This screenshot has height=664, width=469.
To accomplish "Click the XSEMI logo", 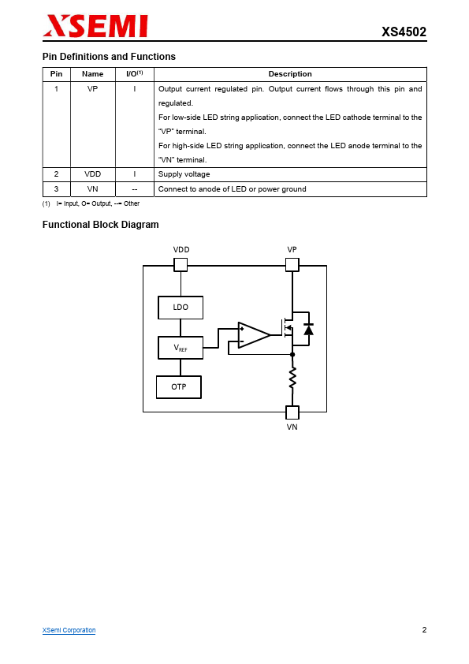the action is (x=95, y=26).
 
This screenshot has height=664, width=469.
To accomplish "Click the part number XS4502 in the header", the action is (x=404, y=32).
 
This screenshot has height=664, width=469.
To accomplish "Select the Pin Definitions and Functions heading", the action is (x=109, y=57).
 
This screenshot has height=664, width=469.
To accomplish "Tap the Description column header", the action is (x=290, y=74).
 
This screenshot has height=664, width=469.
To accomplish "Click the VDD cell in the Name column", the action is (x=93, y=174).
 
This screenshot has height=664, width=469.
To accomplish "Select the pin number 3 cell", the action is (x=56, y=188).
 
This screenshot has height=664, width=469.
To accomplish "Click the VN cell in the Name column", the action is (x=93, y=188).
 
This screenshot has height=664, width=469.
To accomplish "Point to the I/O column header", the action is (x=135, y=73).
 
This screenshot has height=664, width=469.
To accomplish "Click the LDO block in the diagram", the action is (x=181, y=308).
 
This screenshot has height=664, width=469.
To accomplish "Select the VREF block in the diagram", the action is (x=181, y=348).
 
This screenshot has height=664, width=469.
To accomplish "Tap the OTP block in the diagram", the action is (x=179, y=387).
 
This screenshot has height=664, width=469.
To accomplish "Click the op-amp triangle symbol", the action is (x=253, y=335).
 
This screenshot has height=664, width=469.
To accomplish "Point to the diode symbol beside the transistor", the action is (x=308, y=329).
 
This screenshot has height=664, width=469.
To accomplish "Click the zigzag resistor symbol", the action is (x=292, y=379).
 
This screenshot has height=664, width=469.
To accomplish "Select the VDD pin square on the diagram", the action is (x=181, y=265).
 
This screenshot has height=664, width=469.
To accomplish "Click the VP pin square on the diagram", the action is (x=292, y=265).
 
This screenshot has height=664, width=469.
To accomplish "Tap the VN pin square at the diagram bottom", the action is (x=292, y=412).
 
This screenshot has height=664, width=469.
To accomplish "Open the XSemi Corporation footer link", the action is (x=69, y=630).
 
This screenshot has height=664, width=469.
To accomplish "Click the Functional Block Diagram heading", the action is (x=100, y=225).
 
